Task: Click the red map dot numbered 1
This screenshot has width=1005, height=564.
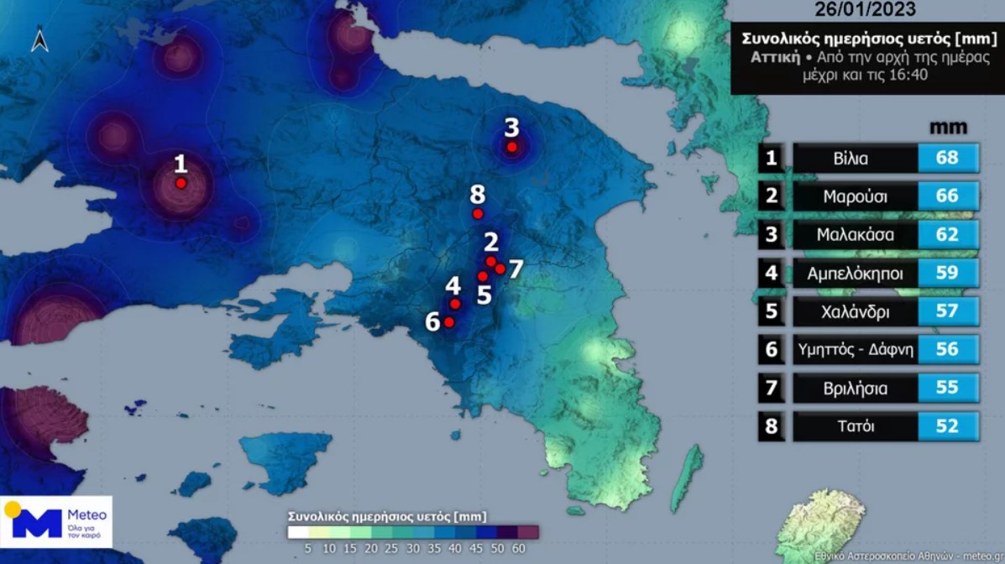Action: pyautogui.click(x=181, y=183)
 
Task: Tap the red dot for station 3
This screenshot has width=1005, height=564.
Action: pyautogui.click(x=511, y=147)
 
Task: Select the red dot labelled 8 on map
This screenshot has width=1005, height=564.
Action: pyautogui.click(x=478, y=214)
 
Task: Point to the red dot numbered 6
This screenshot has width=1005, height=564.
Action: pyautogui.click(x=449, y=322)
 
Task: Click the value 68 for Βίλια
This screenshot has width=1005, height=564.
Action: pyautogui.click(x=947, y=159)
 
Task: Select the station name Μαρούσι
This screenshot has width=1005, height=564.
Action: pyautogui.click(x=855, y=197)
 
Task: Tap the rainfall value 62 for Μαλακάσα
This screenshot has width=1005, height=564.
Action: pyautogui.click(x=947, y=235)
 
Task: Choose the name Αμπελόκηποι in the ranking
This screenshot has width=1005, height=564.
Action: pyautogui.click(x=855, y=274)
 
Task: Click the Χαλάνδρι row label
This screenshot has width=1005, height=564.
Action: pyautogui.click(x=855, y=312)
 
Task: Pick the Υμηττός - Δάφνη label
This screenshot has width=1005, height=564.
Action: pyautogui.click(x=855, y=350)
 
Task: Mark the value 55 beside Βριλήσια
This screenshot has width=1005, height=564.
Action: pyautogui.click(x=947, y=389)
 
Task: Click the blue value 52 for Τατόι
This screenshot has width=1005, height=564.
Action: pyautogui.click(x=947, y=426)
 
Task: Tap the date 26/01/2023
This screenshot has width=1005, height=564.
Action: pyautogui.click(x=866, y=11)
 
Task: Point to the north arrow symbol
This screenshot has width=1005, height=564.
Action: pyautogui.click(x=39, y=39)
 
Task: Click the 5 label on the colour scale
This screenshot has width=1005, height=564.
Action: pyautogui.click(x=308, y=548)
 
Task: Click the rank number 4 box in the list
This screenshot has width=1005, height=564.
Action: pyautogui.click(x=772, y=274)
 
